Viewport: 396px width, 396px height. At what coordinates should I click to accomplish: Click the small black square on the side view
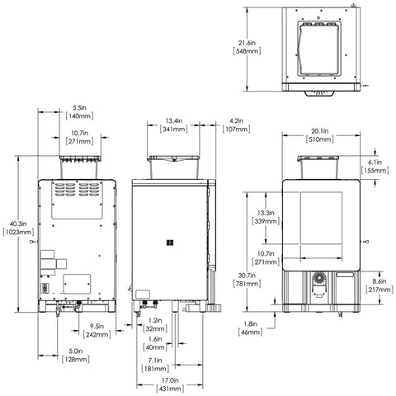pos(167,242)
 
